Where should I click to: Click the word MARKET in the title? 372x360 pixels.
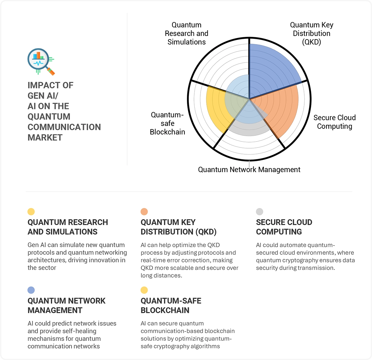pos(45,138)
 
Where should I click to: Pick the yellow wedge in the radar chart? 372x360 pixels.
pos(216,105)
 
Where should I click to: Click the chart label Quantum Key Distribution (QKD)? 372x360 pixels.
pos(312,33)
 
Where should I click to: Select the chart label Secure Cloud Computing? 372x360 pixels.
pos(334,122)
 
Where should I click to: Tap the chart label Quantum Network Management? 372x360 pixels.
pos(249,170)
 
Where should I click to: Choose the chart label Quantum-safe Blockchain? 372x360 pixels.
pos(167,123)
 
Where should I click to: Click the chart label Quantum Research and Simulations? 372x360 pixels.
pos(186,33)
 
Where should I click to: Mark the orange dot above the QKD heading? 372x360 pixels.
pos(144,212)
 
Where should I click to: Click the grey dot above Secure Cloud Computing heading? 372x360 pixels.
pos(259,212)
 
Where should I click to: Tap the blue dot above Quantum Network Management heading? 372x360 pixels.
pos(31,290)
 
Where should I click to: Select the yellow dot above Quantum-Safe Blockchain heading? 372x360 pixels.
pos(144,290)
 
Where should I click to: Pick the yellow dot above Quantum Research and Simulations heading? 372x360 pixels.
pos(31,212)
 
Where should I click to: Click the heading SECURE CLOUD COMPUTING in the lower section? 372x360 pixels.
pos(284,227)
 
